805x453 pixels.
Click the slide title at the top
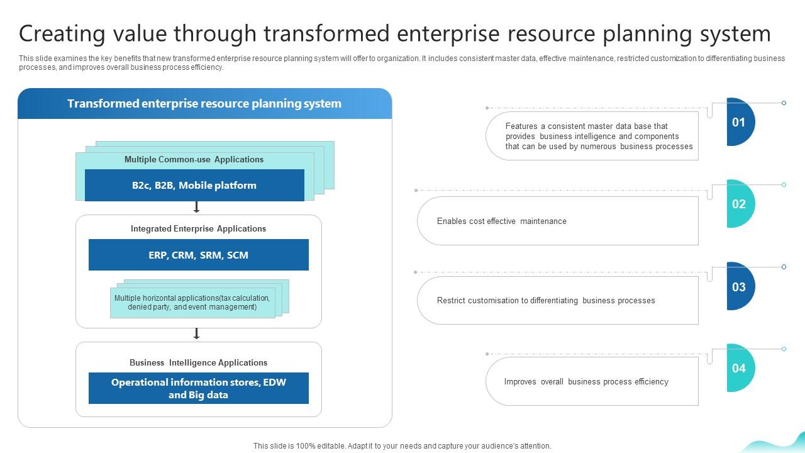click(x=394, y=33)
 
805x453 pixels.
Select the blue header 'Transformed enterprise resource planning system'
click(x=204, y=104)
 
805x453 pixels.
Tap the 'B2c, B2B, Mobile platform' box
click(x=194, y=186)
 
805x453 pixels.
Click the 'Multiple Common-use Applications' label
click(x=194, y=160)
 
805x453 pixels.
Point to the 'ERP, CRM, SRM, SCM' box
click(x=198, y=255)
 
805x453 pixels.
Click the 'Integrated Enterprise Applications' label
click(x=198, y=229)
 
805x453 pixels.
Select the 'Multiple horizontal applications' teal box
click(x=192, y=303)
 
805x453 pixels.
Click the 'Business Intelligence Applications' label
click(x=198, y=363)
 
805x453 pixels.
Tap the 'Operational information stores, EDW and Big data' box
click(x=198, y=389)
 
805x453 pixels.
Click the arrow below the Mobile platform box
click(x=196, y=207)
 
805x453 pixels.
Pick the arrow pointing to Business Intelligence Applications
click(x=196, y=333)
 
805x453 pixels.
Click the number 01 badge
click(x=739, y=122)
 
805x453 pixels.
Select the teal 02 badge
click(x=739, y=204)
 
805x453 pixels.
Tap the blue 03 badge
click(x=739, y=287)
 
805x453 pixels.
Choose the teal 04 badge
click(x=739, y=368)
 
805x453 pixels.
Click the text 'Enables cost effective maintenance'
click(x=501, y=221)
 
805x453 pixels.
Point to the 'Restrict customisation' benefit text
click(x=546, y=301)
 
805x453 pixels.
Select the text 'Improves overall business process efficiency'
click(x=586, y=382)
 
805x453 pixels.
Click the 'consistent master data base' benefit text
click(x=599, y=137)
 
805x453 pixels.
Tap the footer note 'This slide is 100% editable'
click(x=402, y=446)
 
